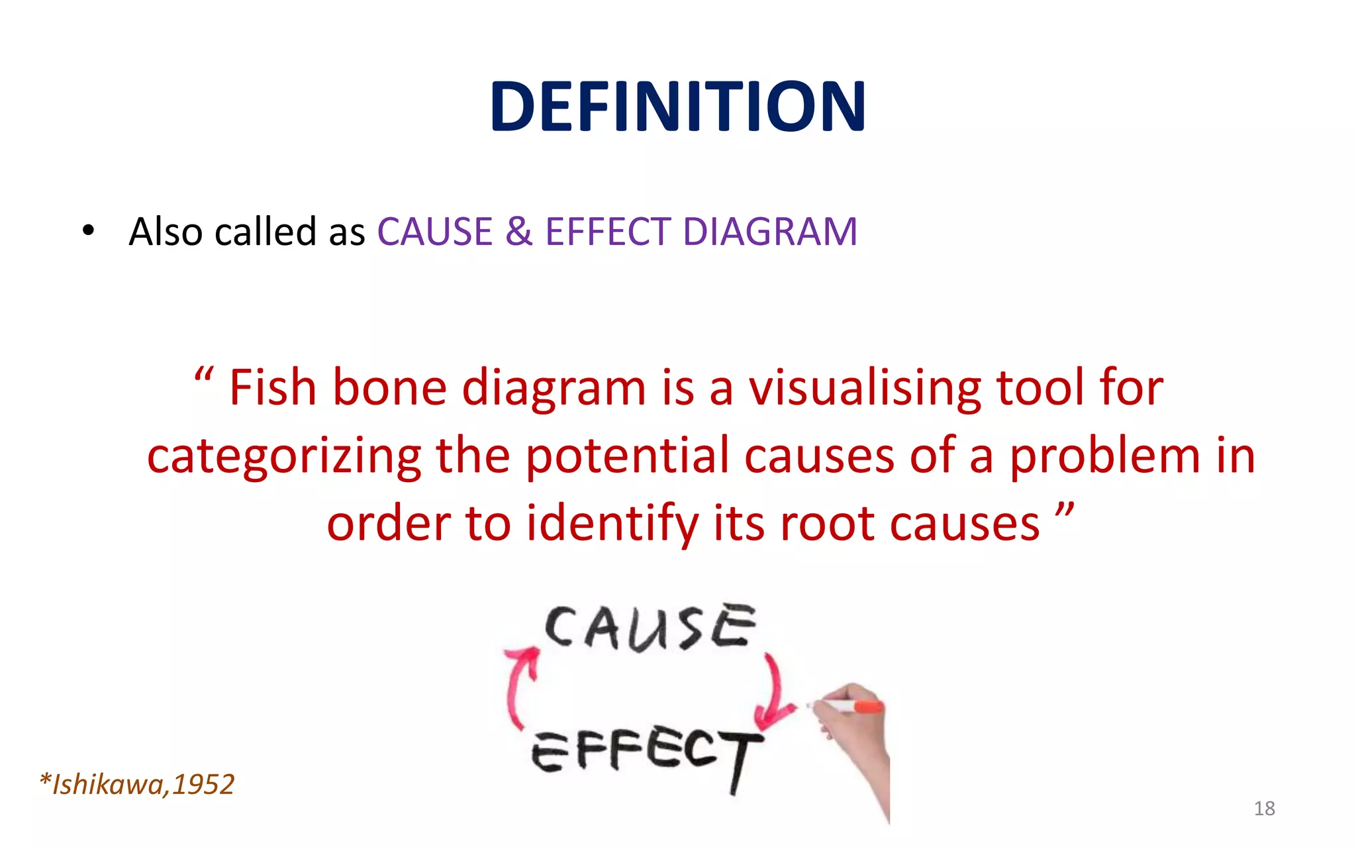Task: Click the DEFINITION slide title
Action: pyautogui.click(x=677, y=106)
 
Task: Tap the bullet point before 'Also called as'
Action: pyautogui.click(x=88, y=232)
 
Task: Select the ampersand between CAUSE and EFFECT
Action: pyautogui.click(x=518, y=232)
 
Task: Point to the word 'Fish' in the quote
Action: pyautogui.click(x=273, y=387)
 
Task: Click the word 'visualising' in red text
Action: pyautogui.click(x=864, y=389)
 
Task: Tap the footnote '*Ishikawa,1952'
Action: pyautogui.click(x=137, y=785)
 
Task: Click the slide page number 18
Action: pyautogui.click(x=1264, y=809)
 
